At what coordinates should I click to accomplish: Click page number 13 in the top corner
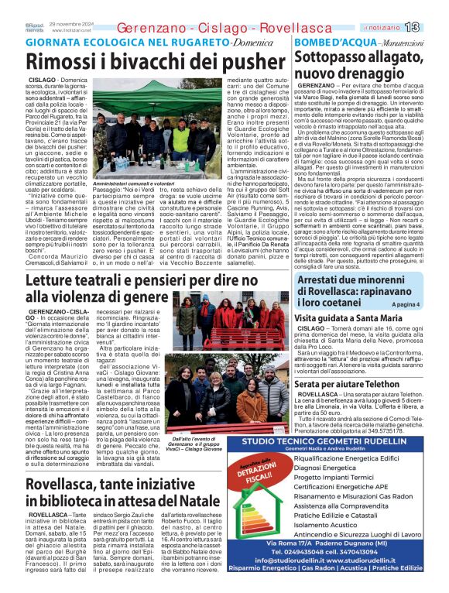[433, 28]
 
